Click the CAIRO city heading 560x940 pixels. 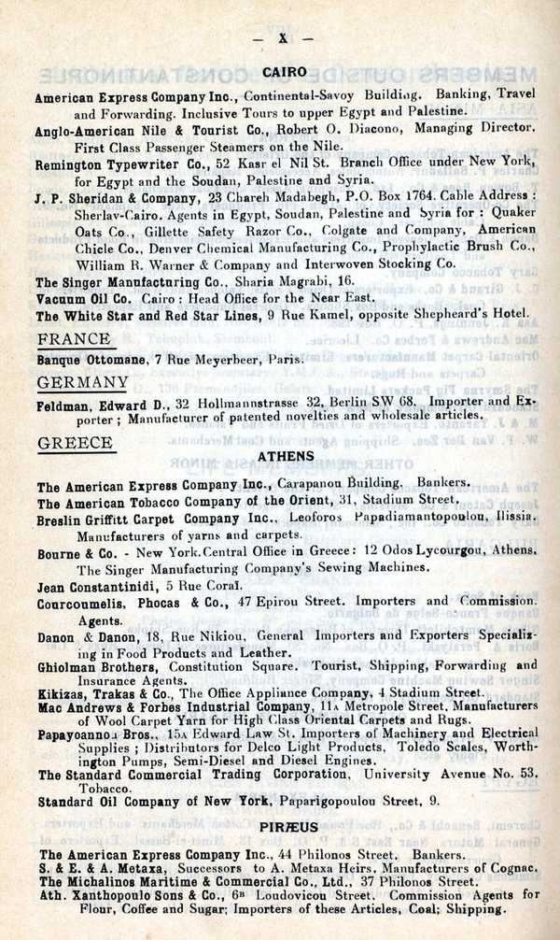point(280,72)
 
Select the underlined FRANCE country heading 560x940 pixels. point(74,339)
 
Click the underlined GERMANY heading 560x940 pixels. point(83,382)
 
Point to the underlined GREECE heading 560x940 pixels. point(75,443)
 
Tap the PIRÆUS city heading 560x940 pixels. point(289,827)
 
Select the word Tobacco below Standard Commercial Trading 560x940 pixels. point(102,788)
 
